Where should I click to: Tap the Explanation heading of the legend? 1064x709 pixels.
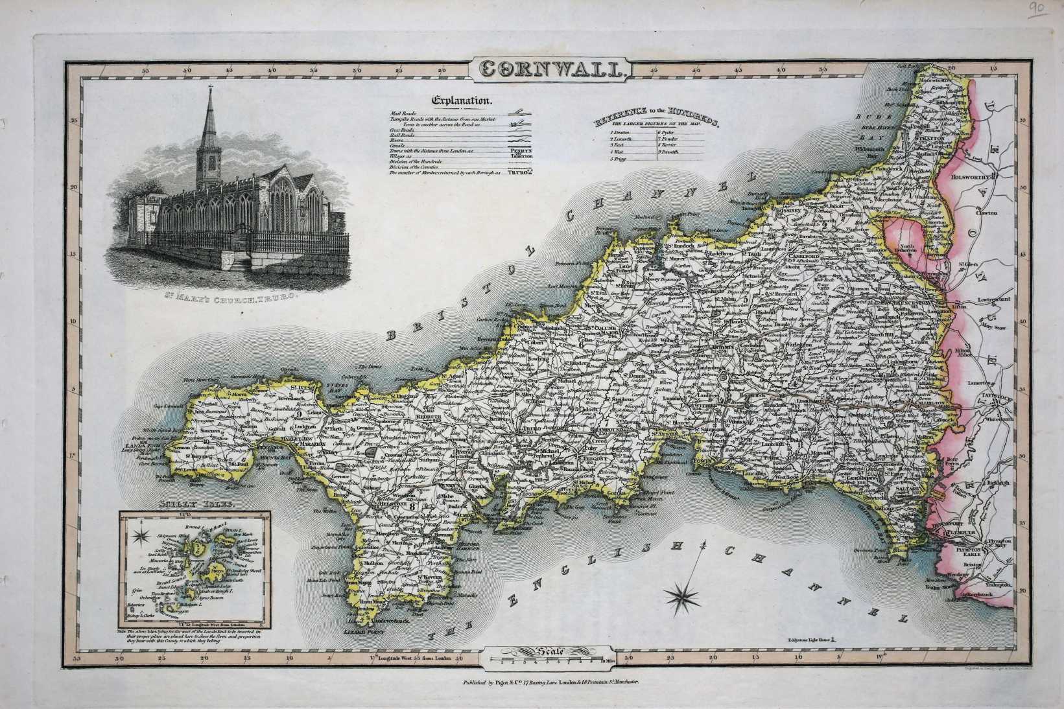(463, 100)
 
